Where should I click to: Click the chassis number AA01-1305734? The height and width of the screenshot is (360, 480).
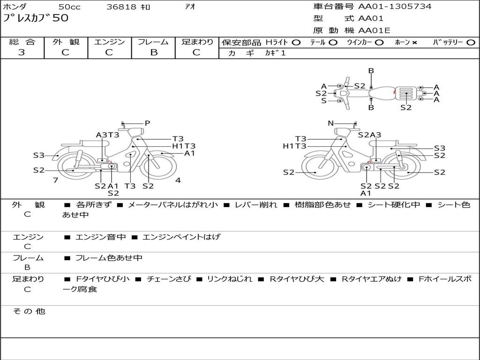click(x=395, y=6)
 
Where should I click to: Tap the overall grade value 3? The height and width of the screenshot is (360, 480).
click(x=22, y=52)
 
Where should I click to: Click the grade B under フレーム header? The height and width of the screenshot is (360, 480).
click(x=154, y=52)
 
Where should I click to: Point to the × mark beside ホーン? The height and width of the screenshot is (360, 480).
click(x=414, y=43)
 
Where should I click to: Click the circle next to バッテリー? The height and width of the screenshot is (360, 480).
click(x=471, y=43)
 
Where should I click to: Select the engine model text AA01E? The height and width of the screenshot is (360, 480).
click(x=374, y=30)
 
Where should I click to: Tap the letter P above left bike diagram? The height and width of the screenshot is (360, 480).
click(x=147, y=123)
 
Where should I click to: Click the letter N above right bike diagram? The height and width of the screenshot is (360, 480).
click(x=330, y=123)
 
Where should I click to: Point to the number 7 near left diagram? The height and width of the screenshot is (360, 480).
click(x=55, y=180)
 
